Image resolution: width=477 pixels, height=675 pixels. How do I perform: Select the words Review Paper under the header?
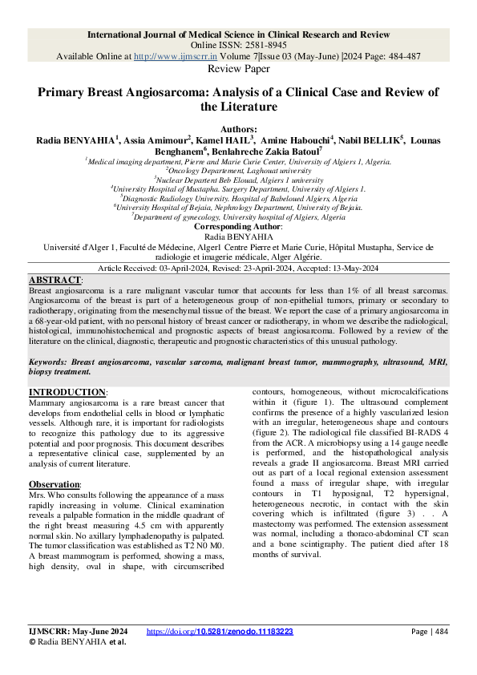click(x=238, y=70)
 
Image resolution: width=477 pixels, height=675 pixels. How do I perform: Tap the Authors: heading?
click(x=238, y=129)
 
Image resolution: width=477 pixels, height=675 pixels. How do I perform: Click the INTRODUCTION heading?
click(x=67, y=392)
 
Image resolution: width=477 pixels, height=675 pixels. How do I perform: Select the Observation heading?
click(x=54, y=485)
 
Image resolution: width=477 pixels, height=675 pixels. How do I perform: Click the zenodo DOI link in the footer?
click(x=220, y=632)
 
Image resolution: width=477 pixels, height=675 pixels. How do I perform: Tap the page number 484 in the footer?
click(x=438, y=632)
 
